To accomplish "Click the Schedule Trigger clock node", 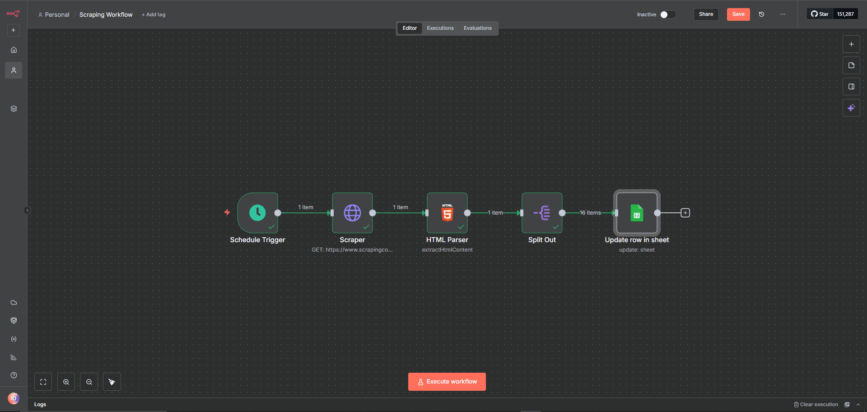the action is pyautogui.click(x=257, y=213).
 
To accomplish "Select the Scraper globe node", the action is pyautogui.click(x=352, y=213).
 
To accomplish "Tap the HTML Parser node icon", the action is pyautogui.click(x=447, y=213).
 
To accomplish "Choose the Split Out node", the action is pyautogui.click(x=542, y=213).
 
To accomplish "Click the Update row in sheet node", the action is pyautogui.click(x=637, y=213).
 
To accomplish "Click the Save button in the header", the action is pyautogui.click(x=738, y=14).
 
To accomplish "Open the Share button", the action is pyautogui.click(x=706, y=14).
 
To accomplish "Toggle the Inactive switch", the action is pyautogui.click(x=668, y=14).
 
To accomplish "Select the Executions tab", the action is pyautogui.click(x=440, y=28).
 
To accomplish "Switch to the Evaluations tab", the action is pyautogui.click(x=478, y=28).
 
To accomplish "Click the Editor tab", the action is pyautogui.click(x=410, y=28).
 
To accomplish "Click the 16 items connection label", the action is pyautogui.click(x=590, y=213).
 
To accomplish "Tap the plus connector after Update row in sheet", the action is pyautogui.click(x=685, y=213).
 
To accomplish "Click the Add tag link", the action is pyautogui.click(x=154, y=14).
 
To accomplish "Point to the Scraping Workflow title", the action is pyautogui.click(x=106, y=14).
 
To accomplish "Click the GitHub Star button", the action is pyautogui.click(x=820, y=14).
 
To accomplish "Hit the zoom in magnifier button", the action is pyautogui.click(x=66, y=382).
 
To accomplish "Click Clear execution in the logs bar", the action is pyautogui.click(x=816, y=404).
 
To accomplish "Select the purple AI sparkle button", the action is pyautogui.click(x=851, y=108).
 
